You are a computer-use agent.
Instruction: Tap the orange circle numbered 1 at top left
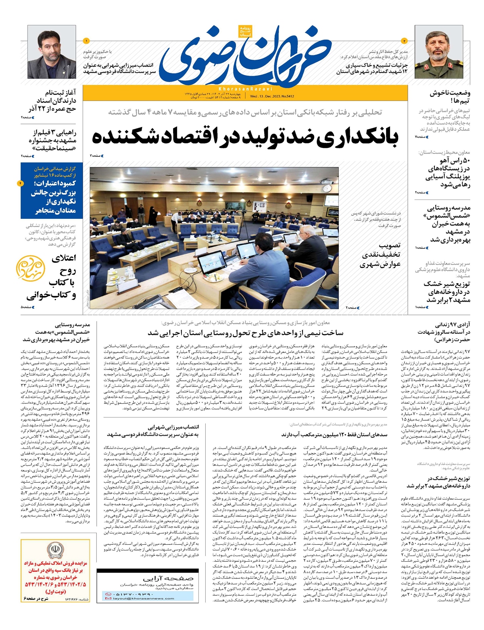coord(86,41)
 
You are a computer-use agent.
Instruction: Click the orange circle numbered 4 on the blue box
coord(21,183)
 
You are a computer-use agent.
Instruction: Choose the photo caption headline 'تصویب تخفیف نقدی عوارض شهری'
coord(380,255)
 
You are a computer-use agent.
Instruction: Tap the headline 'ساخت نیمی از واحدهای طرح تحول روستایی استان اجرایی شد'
coord(245,333)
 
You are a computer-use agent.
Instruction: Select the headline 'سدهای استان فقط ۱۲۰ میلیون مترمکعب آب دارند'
coord(334,435)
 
